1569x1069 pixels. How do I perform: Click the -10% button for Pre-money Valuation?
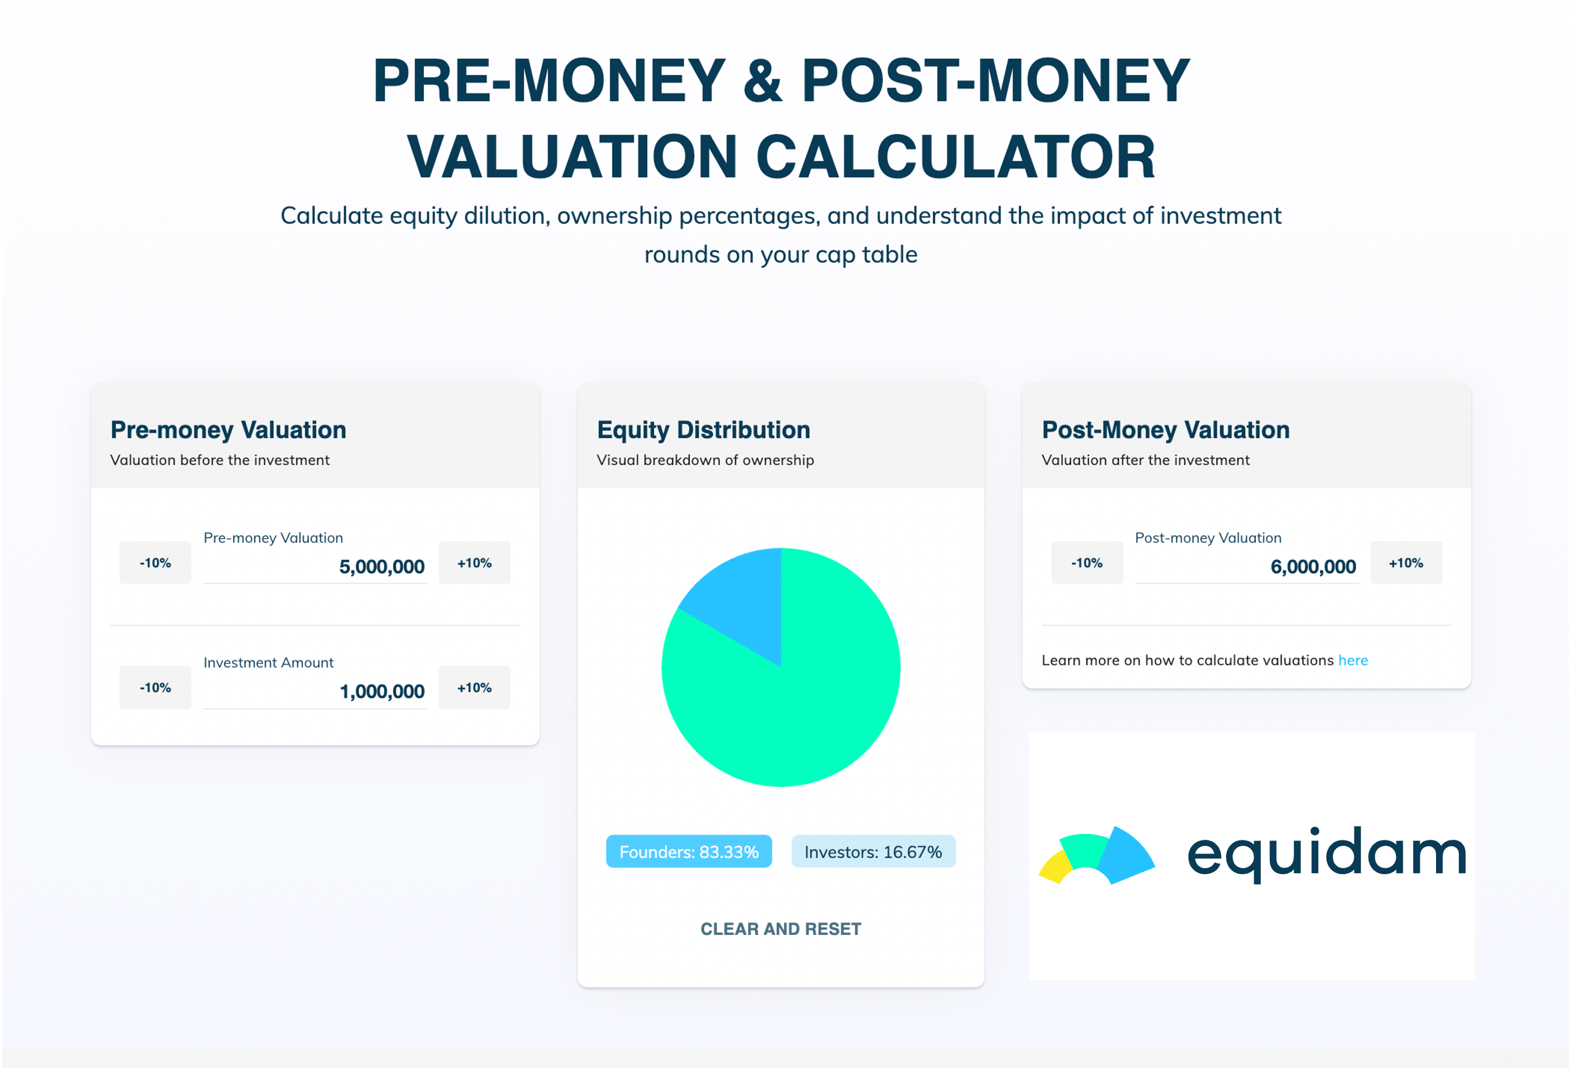[155, 562]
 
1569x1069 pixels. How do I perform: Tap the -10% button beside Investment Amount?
[155, 687]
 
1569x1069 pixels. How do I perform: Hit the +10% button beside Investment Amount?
[474, 687]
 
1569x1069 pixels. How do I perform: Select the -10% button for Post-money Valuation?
[1086, 562]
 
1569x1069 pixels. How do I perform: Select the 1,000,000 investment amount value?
[381, 691]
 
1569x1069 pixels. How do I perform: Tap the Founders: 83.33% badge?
[689, 851]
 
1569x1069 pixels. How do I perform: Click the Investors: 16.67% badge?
[873, 851]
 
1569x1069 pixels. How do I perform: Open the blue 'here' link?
[1352, 660]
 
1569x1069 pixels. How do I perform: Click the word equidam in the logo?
[1326, 854]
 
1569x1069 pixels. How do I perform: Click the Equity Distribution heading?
[703, 430]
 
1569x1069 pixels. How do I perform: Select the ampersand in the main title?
[763, 81]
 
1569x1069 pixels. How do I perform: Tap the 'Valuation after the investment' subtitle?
[1145, 459]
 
